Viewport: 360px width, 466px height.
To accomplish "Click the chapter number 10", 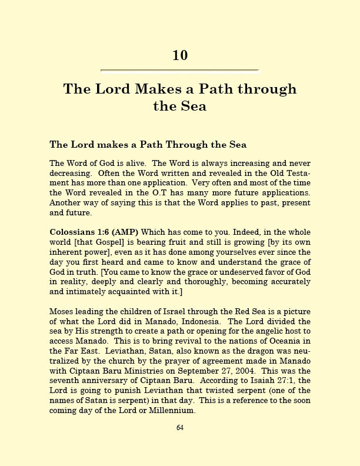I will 180,55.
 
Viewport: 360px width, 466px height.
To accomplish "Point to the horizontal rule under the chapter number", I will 180,71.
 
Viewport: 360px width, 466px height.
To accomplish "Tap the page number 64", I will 180,427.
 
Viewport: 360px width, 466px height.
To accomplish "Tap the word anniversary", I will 99,382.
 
